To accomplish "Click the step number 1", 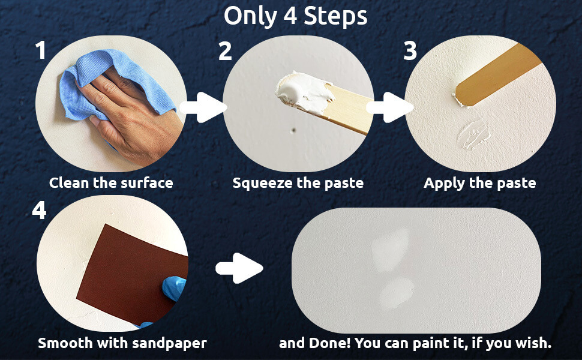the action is pyautogui.click(x=41, y=50).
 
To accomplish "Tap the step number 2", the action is pyautogui.click(x=226, y=51).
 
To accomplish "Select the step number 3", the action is pyautogui.click(x=410, y=51).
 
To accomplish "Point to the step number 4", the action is pyautogui.click(x=40, y=210).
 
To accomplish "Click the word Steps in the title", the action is pyautogui.click(x=335, y=16).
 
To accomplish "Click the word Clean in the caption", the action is pyautogui.click(x=69, y=182).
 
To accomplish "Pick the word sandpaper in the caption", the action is pyautogui.click(x=169, y=343).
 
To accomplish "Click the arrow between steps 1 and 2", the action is pyautogui.click(x=203, y=107).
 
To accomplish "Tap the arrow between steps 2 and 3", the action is pyautogui.click(x=390, y=107).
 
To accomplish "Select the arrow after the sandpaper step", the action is pyautogui.click(x=239, y=268).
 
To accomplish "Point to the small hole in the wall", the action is pyautogui.click(x=293, y=130).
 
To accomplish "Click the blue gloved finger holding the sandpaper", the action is pyautogui.click(x=174, y=288).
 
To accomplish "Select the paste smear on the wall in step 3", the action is pyautogui.click(x=474, y=134).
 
